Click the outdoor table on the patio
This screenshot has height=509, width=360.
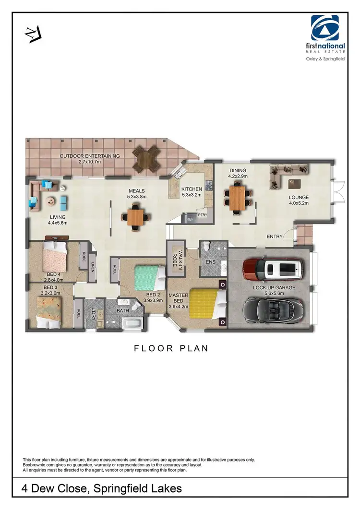pos(146,158)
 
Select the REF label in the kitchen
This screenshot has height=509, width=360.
pos(190,219)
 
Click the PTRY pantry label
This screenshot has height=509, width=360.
pos(203,215)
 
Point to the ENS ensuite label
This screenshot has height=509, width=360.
pos(210,262)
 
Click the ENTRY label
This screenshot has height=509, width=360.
pos(274,237)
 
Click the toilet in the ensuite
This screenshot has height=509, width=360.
pos(206,247)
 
